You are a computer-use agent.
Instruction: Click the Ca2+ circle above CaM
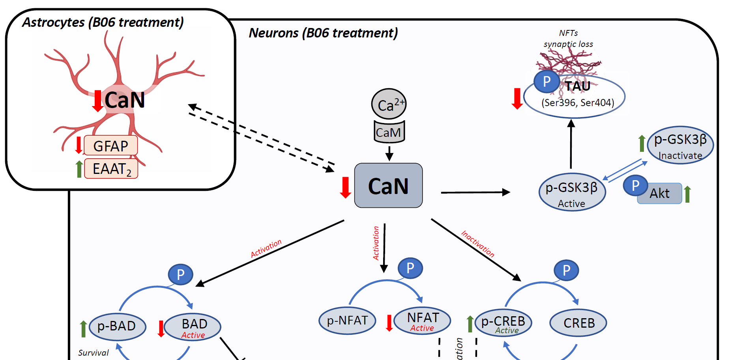pyautogui.click(x=389, y=104)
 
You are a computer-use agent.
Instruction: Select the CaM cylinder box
pyautogui.click(x=389, y=132)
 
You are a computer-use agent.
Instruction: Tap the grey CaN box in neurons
pyautogui.click(x=388, y=186)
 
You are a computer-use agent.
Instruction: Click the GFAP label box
pyautogui.click(x=111, y=146)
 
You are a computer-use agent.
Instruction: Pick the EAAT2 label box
pyautogui.click(x=111, y=169)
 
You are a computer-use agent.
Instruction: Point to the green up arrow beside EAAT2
pyautogui.click(x=79, y=169)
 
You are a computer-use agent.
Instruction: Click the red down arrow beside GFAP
pyautogui.click(x=79, y=145)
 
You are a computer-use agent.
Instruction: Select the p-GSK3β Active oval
pyautogui.click(x=572, y=192)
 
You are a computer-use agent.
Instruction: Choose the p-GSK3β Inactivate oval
pyautogui.click(x=680, y=145)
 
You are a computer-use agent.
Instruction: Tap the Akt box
pyautogui.click(x=660, y=194)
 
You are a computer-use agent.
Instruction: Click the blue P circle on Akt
pyautogui.click(x=635, y=185)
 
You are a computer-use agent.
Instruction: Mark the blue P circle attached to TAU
pyautogui.click(x=546, y=81)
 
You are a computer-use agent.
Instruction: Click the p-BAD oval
pyautogui.click(x=117, y=326)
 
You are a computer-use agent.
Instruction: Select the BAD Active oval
pyautogui.click(x=193, y=327)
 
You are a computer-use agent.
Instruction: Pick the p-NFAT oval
pyautogui.click(x=347, y=321)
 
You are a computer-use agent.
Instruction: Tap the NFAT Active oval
pyautogui.click(x=422, y=321)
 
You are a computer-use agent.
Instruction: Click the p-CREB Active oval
pyautogui.click(x=503, y=323)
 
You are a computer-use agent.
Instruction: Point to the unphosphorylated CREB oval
pyautogui.click(x=578, y=323)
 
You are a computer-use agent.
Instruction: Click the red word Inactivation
pyautogui.click(x=478, y=244)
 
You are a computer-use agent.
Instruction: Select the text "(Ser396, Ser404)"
pyautogui.click(x=578, y=103)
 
